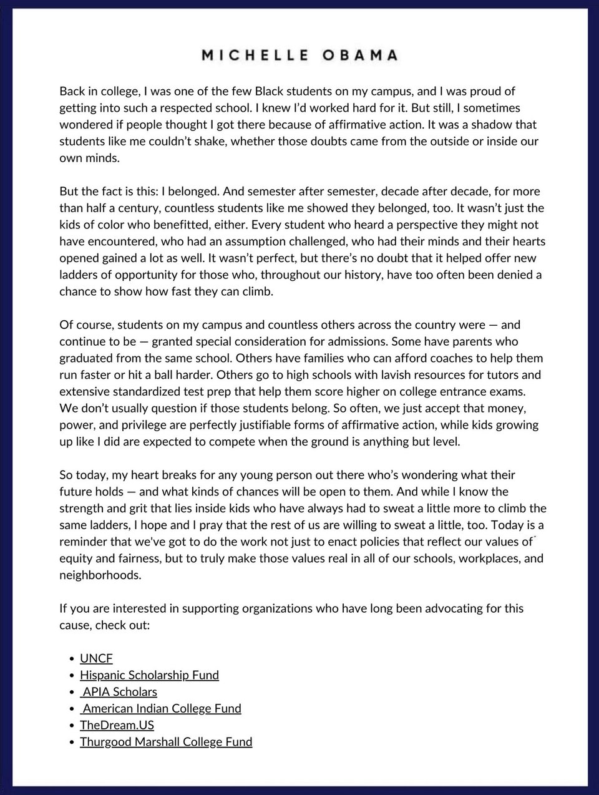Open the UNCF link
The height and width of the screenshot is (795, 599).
click(x=96, y=658)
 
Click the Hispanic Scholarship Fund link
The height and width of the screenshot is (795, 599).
click(x=149, y=675)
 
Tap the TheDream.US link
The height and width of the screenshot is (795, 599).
click(x=117, y=725)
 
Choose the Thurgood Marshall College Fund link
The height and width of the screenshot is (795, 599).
click(x=166, y=742)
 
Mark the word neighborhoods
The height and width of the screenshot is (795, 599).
click(x=100, y=575)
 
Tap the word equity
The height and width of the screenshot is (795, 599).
click(x=76, y=558)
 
